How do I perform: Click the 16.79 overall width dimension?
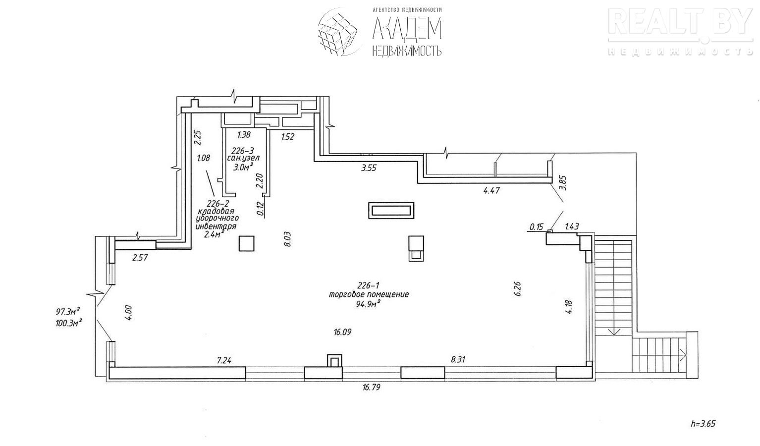pos(371,388)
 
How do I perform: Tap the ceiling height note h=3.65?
pos(704,424)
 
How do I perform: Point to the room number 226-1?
pos(368,285)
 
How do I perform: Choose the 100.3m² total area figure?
pos(68,323)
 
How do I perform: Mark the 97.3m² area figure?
pos(68,312)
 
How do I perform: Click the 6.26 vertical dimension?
pos(518,289)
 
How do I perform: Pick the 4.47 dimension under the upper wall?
pos(491,190)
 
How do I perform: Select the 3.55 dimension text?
pos(369,168)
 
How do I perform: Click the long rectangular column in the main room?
pos(391,210)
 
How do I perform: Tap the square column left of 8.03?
pos(246,243)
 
